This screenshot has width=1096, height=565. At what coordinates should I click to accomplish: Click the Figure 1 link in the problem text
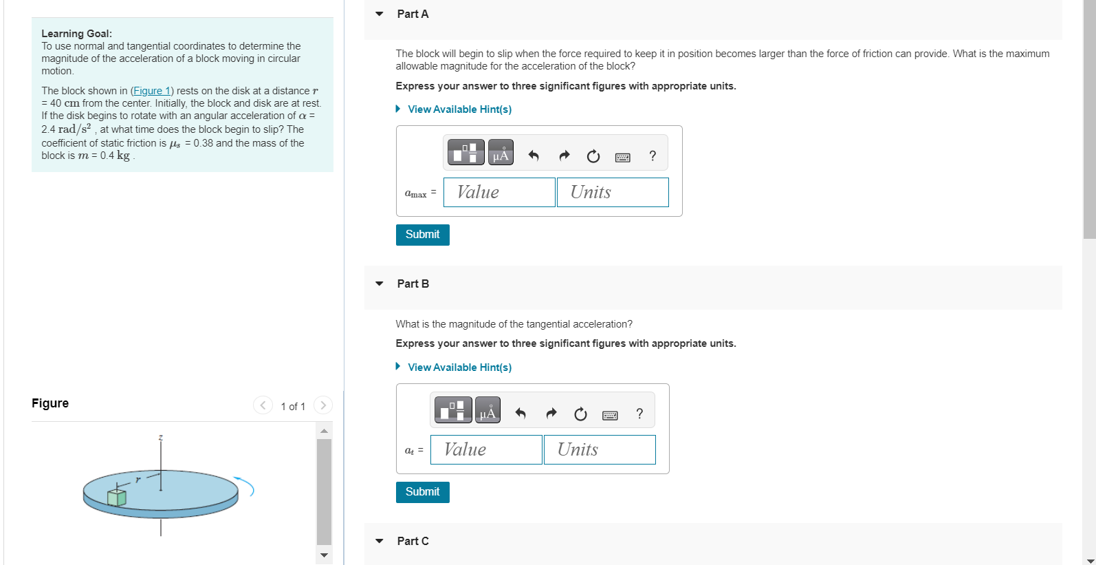152,91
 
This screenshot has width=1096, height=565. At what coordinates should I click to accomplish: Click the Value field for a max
499,192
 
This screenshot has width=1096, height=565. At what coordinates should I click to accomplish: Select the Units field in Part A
613,192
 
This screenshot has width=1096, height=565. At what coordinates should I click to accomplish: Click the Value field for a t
486,449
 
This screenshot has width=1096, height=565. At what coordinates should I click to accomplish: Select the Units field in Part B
600,449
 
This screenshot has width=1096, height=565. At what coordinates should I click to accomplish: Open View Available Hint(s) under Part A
459,109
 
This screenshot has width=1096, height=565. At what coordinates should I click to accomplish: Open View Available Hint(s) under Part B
459,367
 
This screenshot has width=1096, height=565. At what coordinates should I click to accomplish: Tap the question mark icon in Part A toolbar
653,156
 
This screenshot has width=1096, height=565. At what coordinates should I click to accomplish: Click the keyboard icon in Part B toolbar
610,414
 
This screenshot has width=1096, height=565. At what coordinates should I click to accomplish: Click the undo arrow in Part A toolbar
534,156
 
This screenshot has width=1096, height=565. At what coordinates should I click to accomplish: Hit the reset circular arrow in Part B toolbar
580,414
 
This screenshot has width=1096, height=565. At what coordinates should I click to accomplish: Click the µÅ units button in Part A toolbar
501,153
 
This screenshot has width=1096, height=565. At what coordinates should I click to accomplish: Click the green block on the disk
117,497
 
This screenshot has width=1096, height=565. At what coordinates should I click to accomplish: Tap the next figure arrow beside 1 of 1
323,405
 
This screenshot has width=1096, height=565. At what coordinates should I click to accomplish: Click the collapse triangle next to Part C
380,541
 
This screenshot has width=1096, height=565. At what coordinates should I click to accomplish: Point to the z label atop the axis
161,438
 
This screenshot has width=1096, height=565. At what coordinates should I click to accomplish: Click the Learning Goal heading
76,34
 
